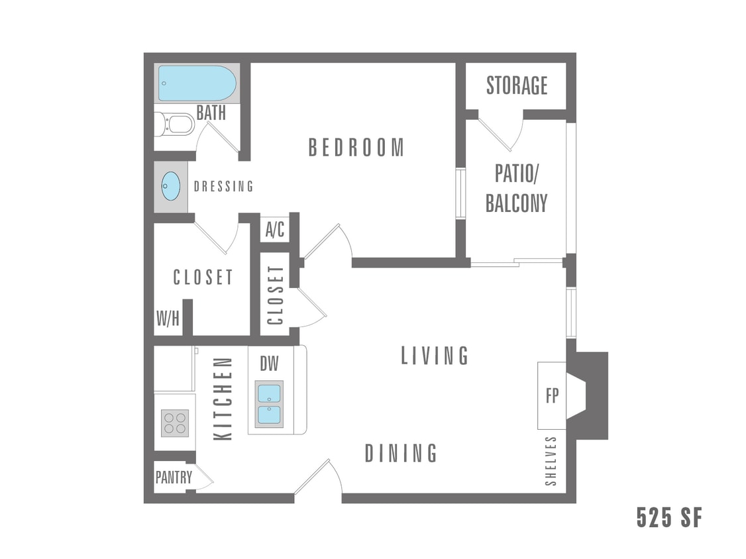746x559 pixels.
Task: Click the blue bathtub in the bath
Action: click(x=197, y=83)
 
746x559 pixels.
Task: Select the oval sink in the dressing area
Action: click(x=171, y=186)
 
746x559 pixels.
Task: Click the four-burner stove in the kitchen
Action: click(x=175, y=423)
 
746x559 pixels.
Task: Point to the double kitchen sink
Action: click(x=269, y=404)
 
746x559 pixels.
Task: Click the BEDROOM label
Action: click(x=356, y=147)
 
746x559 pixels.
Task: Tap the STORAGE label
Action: click(x=517, y=85)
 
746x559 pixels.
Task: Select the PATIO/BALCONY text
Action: click(x=517, y=188)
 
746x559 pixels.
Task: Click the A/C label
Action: click(x=275, y=230)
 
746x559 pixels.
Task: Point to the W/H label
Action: click(x=168, y=319)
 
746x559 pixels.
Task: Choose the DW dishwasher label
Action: click(x=268, y=363)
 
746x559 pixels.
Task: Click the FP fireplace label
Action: click(x=552, y=396)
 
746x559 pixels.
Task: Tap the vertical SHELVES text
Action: click(x=551, y=461)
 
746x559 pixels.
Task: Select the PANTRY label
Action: click(x=174, y=477)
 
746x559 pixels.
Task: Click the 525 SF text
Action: click(x=668, y=517)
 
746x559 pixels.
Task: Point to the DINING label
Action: click(x=401, y=454)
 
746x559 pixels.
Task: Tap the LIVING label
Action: click(x=435, y=356)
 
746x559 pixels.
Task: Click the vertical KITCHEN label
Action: click(x=224, y=399)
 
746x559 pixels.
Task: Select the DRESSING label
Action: click(x=223, y=187)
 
